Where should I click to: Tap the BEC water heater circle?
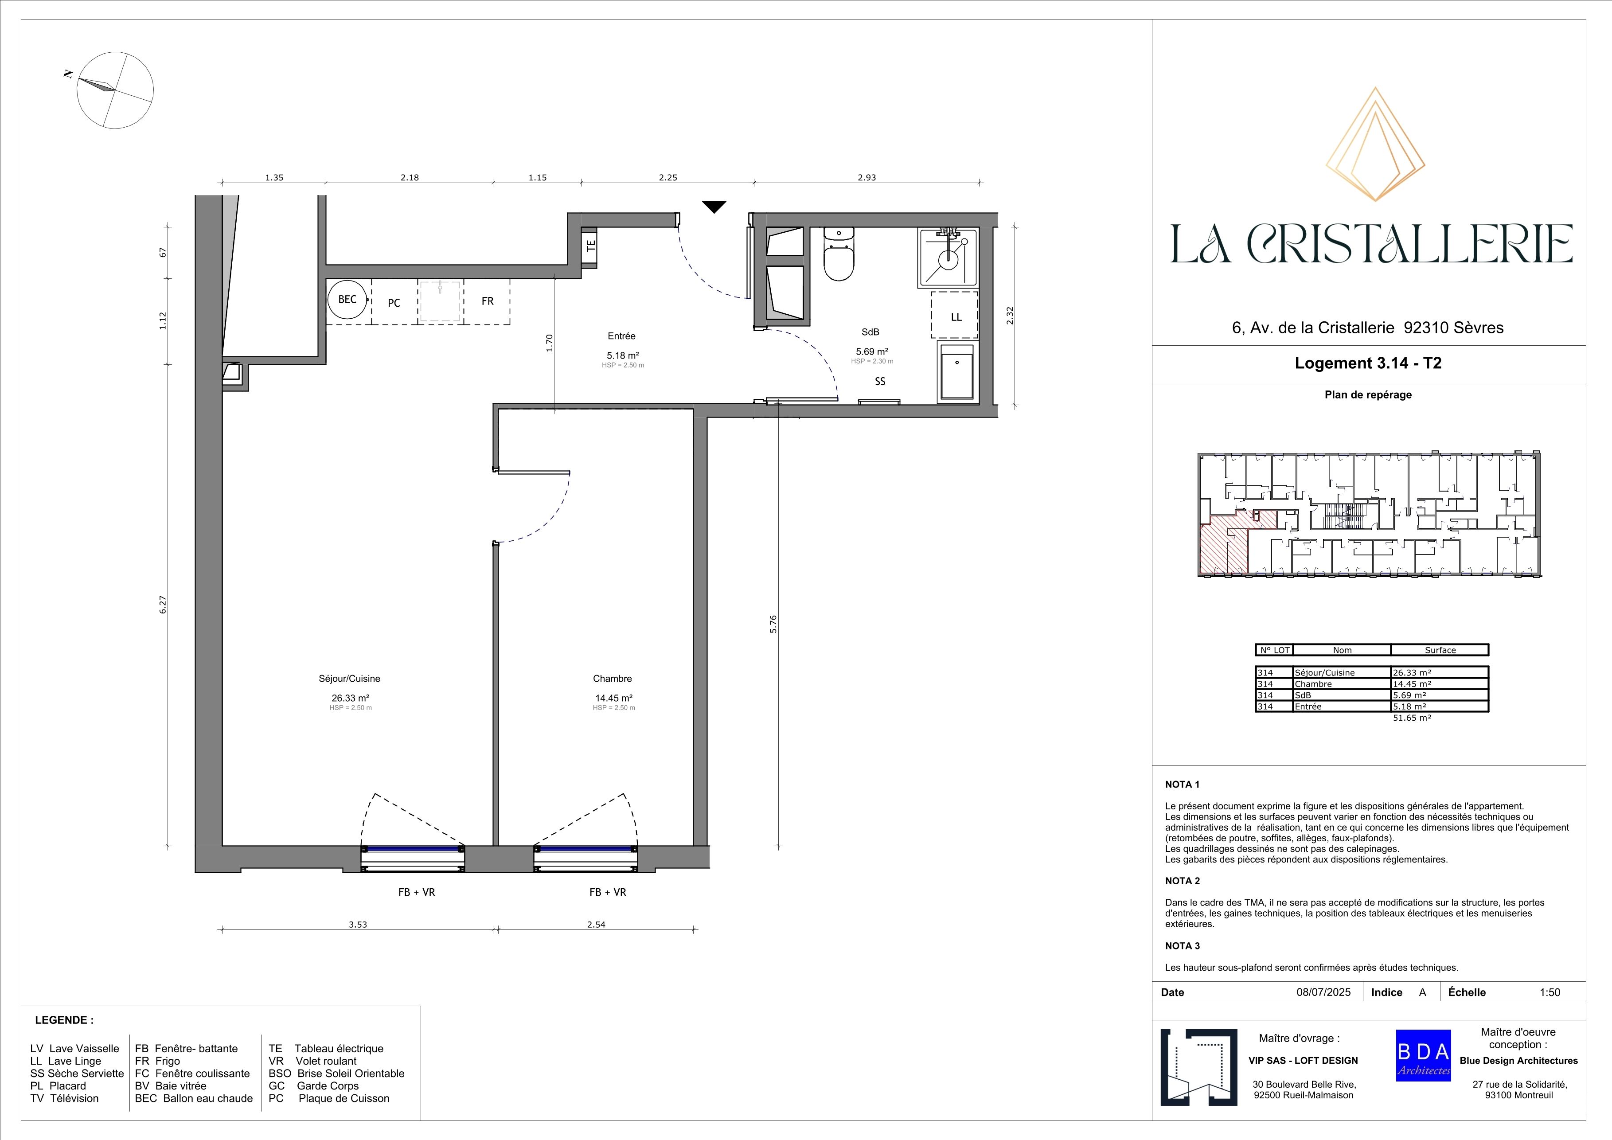[x=347, y=300]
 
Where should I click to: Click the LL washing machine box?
[x=956, y=316]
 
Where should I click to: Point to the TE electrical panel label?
[x=590, y=246]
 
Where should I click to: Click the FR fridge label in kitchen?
[x=487, y=301]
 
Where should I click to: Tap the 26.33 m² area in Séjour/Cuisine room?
[x=350, y=699]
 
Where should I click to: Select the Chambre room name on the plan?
[x=612, y=679]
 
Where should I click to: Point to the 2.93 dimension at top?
[x=866, y=178]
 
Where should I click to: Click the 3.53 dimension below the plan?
[x=358, y=925]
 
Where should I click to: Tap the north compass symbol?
[x=114, y=90]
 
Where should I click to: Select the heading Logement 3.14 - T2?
[x=1368, y=363]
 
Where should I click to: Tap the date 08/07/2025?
[x=1323, y=992]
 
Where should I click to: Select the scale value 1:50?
[x=1550, y=992]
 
